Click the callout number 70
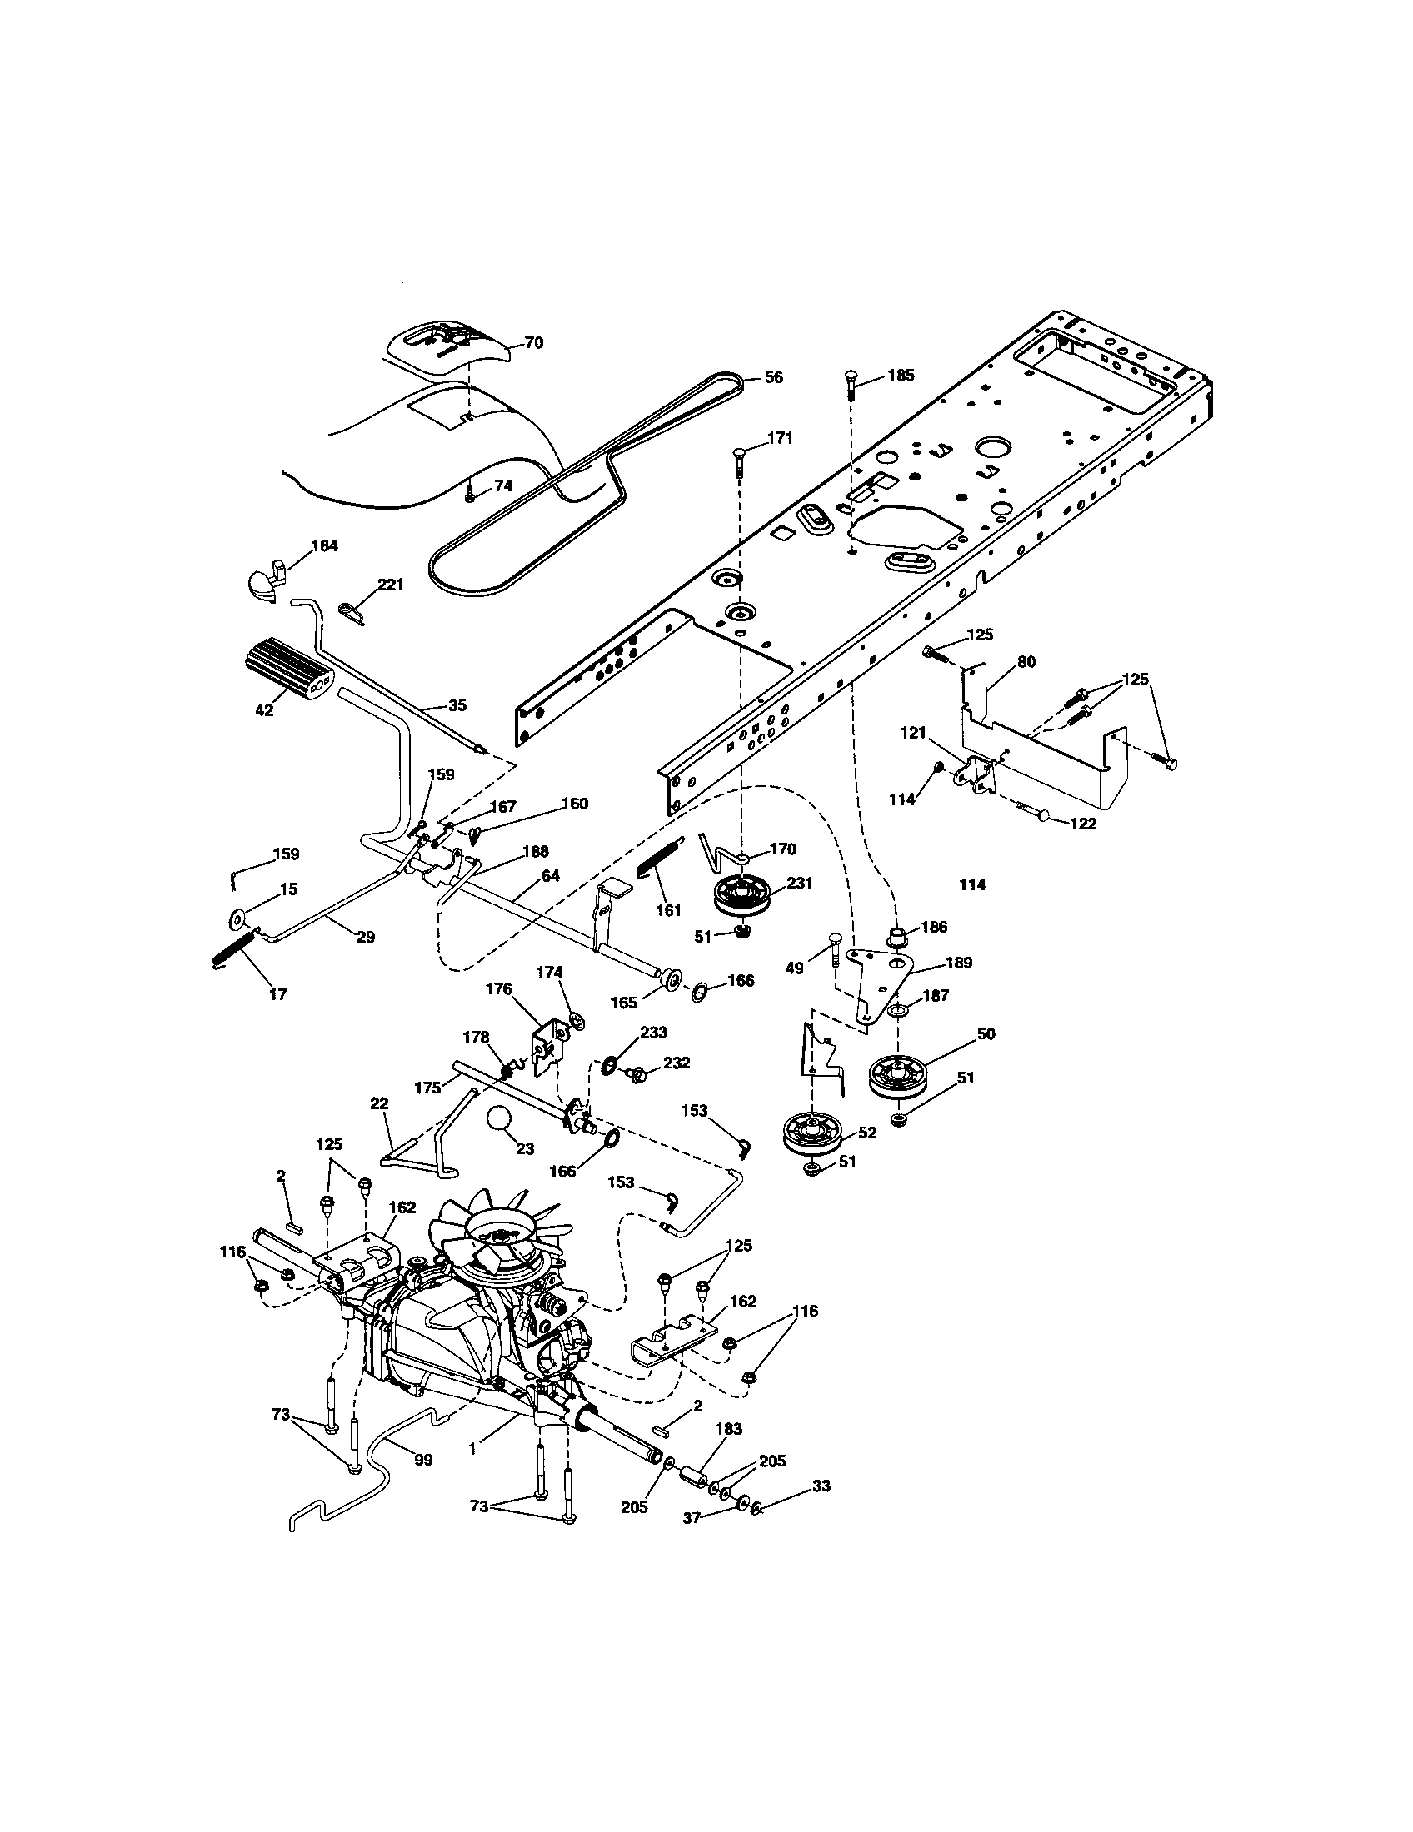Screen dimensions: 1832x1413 [534, 342]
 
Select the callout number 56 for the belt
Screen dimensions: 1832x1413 [773, 378]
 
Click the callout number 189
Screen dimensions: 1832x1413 [958, 963]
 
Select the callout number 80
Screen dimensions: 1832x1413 [1026, 662]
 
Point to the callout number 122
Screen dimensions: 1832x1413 [1082, 824]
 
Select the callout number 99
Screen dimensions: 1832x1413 [424, 1460]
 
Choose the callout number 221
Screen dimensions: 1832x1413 [391, 585]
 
